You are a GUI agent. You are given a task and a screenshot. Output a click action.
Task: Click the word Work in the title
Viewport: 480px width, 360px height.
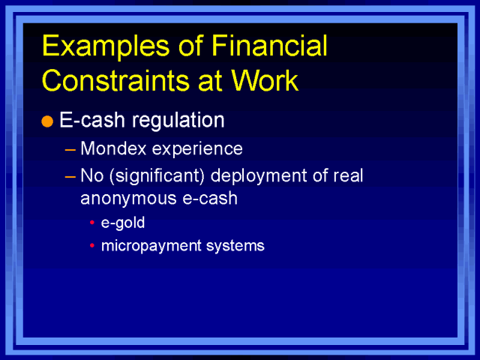point(265,79)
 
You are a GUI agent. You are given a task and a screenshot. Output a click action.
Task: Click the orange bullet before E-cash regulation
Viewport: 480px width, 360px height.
point(47,122)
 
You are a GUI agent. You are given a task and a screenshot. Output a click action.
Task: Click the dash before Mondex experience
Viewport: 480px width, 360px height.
point(70,149)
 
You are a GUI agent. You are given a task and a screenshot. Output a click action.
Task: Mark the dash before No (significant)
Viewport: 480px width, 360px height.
point(70,175)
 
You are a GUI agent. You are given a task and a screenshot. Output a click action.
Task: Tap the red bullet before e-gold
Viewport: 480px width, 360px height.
point(91,224)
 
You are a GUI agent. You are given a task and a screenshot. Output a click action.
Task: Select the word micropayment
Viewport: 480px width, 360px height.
point(142,245)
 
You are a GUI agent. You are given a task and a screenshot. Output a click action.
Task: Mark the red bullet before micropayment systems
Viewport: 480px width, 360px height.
point(91,246)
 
